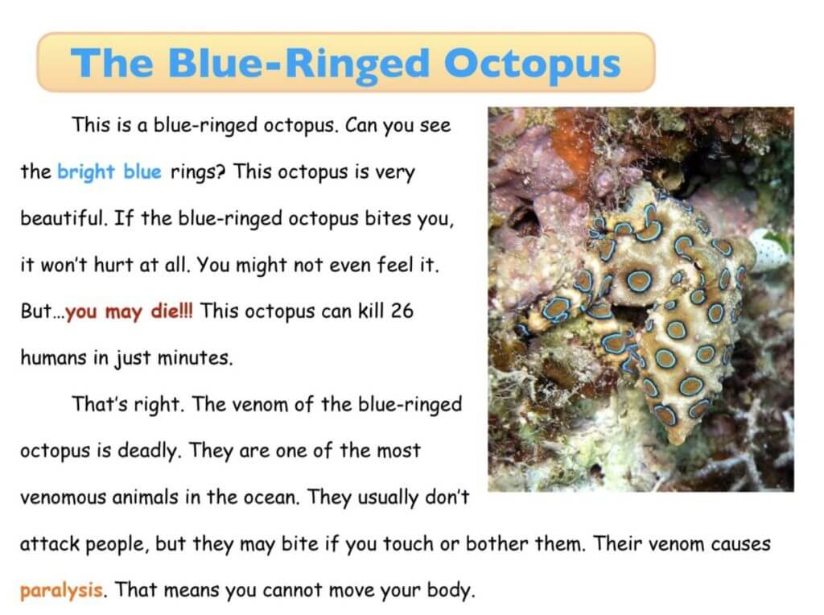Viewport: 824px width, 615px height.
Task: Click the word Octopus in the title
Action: click(x=533, y=64)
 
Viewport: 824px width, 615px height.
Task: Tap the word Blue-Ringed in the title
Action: click(x=299, y=64)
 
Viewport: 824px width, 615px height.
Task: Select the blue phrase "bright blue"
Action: click(x=109, y=172)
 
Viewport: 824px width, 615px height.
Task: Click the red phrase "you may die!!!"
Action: click(x=130, y=312)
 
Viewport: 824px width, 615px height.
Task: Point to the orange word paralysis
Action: click(x=61, y=590)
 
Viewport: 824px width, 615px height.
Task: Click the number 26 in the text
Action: click(x=402, y=311)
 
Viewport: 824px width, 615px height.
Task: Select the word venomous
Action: click(x=63, y=497)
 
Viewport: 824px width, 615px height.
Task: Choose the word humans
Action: click(x=54, y=357)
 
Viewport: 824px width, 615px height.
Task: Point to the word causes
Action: click(x=741, y=544)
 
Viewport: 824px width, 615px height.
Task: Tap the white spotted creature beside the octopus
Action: click(x=770, y=247)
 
